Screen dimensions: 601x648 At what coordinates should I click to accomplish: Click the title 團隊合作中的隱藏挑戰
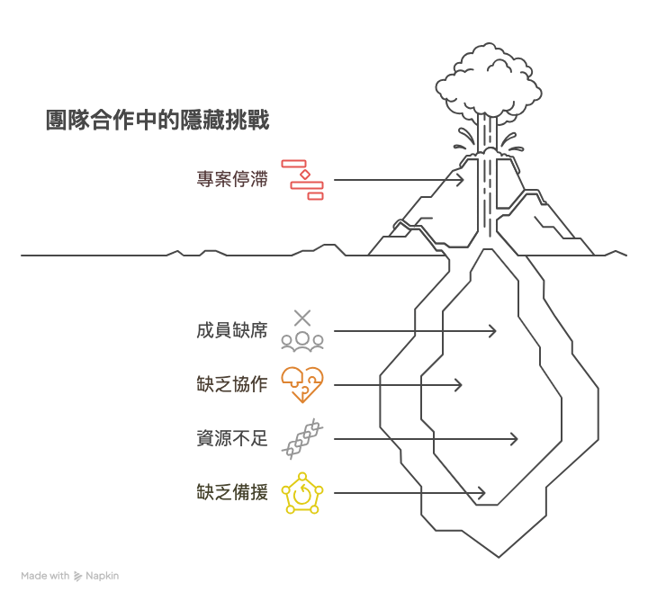tap(157, 121)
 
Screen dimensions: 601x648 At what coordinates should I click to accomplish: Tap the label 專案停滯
tap(232, 179)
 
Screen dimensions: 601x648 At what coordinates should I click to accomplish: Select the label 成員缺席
tap(232, 330)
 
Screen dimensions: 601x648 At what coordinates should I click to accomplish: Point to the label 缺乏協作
tap(232, 384)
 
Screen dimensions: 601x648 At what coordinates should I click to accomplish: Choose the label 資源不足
tap(232, 438)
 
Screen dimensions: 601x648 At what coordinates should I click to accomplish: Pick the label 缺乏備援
tap(232, 492)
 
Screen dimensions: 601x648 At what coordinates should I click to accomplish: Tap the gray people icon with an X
tap(302, 330)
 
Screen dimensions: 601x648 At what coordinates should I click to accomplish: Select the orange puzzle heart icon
tap(302, 384)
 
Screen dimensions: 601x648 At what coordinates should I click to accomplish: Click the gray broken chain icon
tap(302, 438)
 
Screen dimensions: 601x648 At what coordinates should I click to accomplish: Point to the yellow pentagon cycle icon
tap(302, 493)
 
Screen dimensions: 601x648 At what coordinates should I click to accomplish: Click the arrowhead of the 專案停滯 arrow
tap(460, 179)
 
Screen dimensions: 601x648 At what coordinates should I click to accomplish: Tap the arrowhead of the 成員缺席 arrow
tap(492, 330)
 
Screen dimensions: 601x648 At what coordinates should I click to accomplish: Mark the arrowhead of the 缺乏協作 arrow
tap(458, 384)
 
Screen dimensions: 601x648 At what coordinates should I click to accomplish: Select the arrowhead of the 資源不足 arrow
tap(514, 438)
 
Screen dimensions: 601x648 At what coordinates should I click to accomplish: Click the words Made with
tap(45, 576)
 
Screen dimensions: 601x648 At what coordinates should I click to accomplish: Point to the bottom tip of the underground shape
tap(497, 556)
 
